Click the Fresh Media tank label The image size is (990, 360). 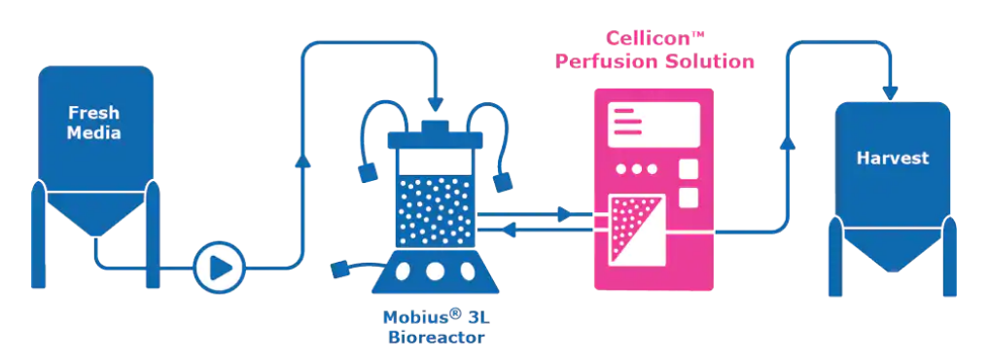(x=94, y=123)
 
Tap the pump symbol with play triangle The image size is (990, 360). (x=219, y=268)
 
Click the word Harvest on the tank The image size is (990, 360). (x=892, y=158)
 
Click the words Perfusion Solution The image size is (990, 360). (x=654, y=61)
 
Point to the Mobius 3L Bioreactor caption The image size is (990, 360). (x=436, y=327)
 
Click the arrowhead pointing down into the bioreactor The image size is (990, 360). (x=435, y=103)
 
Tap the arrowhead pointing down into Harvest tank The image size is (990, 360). (x=890, y=92)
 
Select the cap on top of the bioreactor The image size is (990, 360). (x=435, y=126)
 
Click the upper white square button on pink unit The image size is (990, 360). (x=689, y=169)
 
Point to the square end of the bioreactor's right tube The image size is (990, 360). (x=503, y=183)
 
